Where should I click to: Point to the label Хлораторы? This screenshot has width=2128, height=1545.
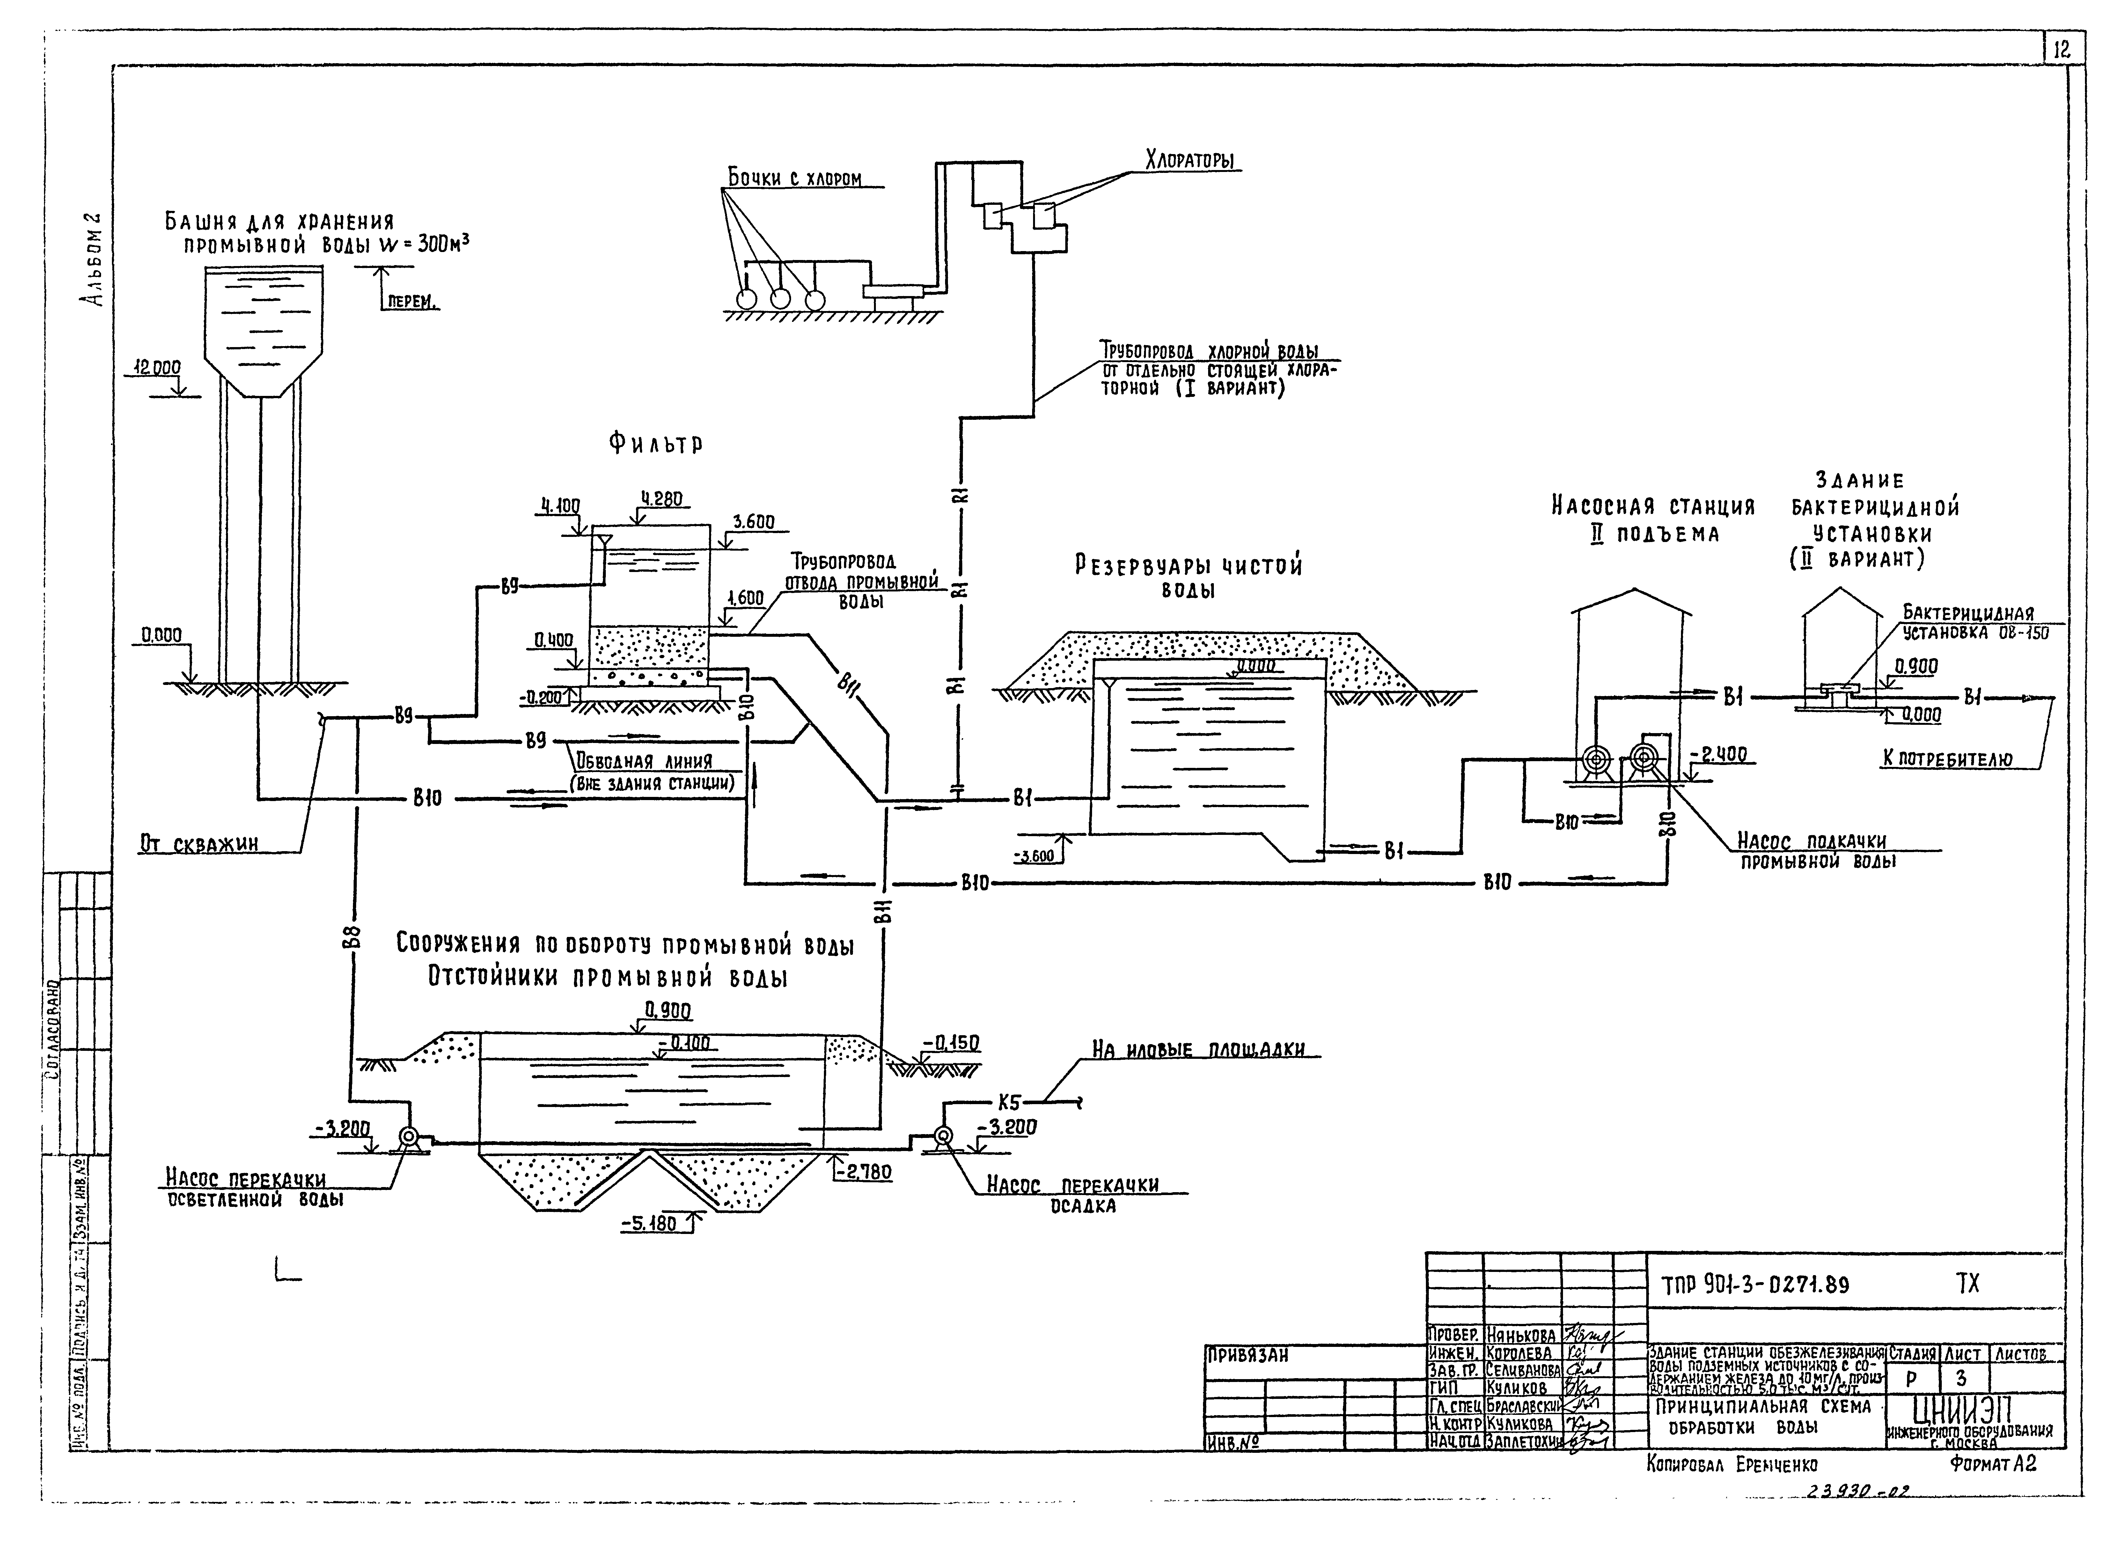1192,160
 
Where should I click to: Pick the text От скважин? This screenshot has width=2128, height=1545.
199,844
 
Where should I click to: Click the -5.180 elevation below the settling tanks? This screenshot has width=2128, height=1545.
647,1224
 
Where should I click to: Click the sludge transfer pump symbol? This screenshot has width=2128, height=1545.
944,1137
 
